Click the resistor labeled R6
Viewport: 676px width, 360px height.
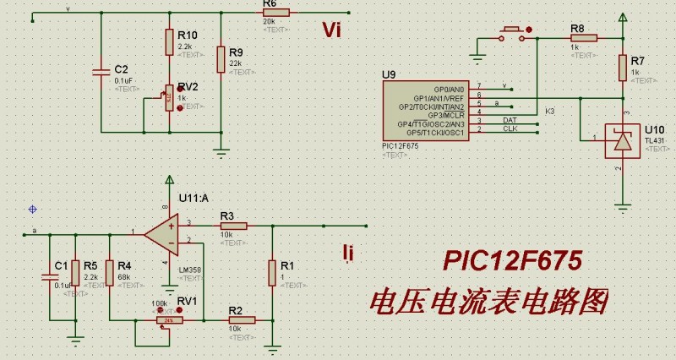click(x=276, y=13)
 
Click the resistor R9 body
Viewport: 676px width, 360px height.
click(x=221, y=59)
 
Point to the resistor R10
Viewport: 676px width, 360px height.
click(x=169, y=40)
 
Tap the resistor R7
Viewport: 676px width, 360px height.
click(x=623, y=66)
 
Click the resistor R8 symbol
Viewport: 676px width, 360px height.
click(x=584, y=37)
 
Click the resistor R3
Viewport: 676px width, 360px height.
click(x=233, y=226)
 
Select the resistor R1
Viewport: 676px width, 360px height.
click(x=272, y=272)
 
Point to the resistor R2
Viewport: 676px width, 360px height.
click(x=234, y=320)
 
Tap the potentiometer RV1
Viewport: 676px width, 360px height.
click(x=170, y=320)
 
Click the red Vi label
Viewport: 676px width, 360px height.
click(x=331, y=31)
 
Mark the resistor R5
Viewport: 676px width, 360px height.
click(x=75, y=272)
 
